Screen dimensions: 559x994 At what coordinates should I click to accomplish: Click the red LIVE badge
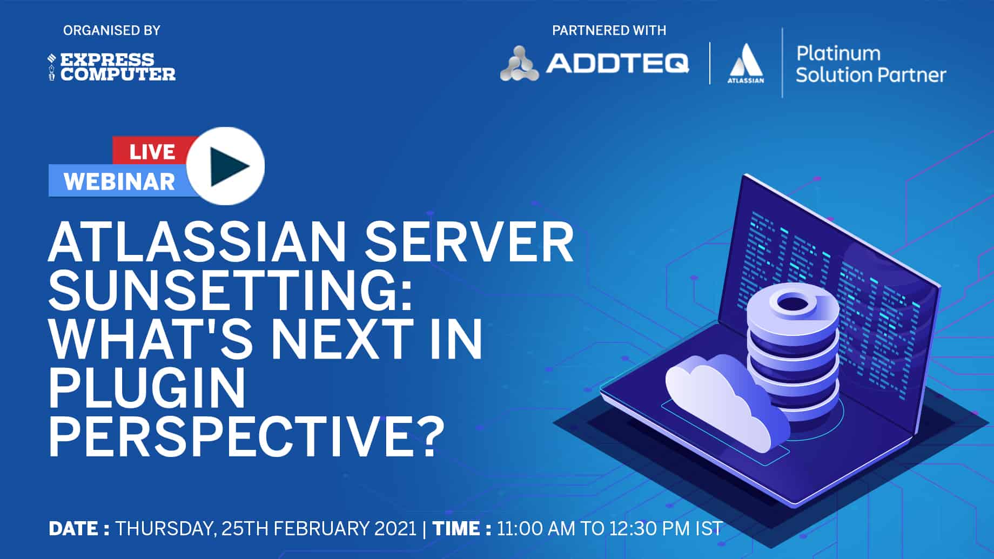tap(151, 151)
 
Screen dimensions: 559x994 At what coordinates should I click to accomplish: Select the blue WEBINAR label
tap(119, 182)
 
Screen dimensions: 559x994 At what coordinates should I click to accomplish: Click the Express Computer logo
tap(112, 67)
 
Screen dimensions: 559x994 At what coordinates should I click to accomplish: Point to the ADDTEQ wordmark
tap(617, 64)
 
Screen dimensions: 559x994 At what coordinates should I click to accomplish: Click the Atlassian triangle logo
tap(746, 64)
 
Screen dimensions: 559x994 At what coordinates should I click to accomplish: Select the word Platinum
tap(838, 53)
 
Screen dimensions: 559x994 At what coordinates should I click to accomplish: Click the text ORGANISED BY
tap(112, 31)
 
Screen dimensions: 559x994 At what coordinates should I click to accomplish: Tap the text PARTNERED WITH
tap(609, 31)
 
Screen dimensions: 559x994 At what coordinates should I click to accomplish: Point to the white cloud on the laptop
tap(724, 400)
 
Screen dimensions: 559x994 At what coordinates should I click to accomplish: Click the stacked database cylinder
tap(793, 351)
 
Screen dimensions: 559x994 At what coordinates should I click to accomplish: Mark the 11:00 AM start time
tap(536, 528)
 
